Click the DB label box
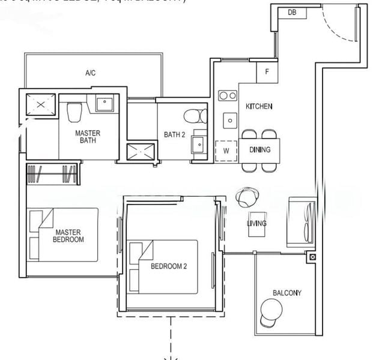292,12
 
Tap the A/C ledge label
91,73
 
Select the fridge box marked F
267,72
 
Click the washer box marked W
226,151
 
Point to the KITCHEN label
259,106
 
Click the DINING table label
260,150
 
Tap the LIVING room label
256,224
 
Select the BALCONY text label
286,293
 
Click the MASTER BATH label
88,137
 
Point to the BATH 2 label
174,134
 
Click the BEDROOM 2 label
168,266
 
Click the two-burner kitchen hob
227,95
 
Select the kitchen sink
229,121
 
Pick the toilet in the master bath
74,112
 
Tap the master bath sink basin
105,103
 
